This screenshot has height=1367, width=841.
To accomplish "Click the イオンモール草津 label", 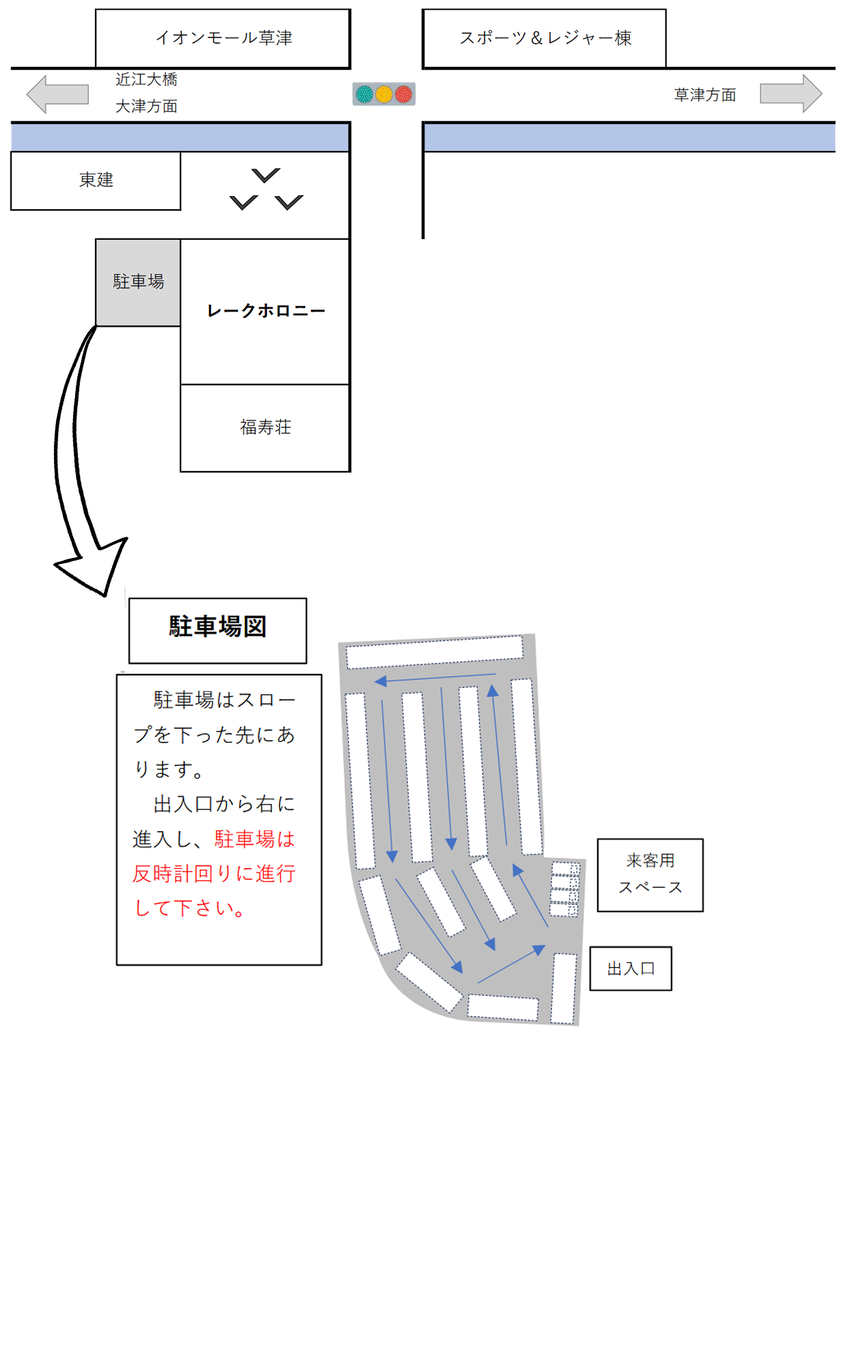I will [223, 38].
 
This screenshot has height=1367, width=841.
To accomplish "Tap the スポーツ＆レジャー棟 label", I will [544, 38].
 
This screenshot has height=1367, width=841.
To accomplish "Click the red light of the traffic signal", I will [404, 94].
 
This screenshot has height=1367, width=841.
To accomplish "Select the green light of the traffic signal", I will [365, 94].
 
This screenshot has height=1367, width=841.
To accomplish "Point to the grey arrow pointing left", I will [57, 94].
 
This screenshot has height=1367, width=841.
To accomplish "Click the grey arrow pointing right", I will [791, 94].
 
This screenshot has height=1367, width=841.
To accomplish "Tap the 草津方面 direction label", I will [705, 95].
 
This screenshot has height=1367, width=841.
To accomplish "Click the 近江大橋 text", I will [146, 80].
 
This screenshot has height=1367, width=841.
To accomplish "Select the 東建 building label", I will [96, 180].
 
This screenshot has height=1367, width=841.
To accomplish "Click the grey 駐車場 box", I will [138, 282].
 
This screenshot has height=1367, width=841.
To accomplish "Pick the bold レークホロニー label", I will [266, 311].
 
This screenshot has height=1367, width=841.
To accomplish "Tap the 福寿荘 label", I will [265, 428].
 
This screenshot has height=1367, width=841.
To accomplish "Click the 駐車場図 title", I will [217, 627].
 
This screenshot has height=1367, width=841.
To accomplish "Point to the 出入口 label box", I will [631, 969].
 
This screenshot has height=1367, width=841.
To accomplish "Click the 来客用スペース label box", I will [650, 874].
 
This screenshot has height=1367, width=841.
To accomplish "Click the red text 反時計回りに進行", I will [214, 874].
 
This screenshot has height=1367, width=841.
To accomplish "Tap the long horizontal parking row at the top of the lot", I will [435, 651].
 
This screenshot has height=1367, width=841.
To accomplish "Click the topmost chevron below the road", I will [266, 176].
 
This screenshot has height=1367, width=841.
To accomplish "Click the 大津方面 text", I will [146, 107].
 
